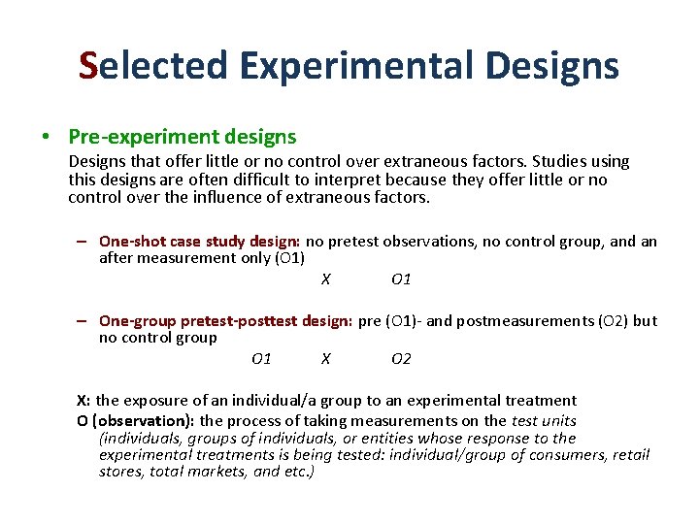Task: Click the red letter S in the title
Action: coord(89,66)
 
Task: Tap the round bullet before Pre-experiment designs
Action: coord(48,137)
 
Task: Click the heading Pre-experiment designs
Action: coord(182,137)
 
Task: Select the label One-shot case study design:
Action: coord(200,241)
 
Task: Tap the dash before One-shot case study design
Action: coord(85,241)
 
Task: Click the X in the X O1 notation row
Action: coord(326,279)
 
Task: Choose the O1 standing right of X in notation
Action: coord(401,279)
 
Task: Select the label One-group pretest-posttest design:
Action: coord(225,320)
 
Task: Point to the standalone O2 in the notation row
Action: coord(401,359)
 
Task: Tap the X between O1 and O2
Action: coord(326,359)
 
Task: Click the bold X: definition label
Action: coord(84,400)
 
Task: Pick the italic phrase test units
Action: coord(543,420)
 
